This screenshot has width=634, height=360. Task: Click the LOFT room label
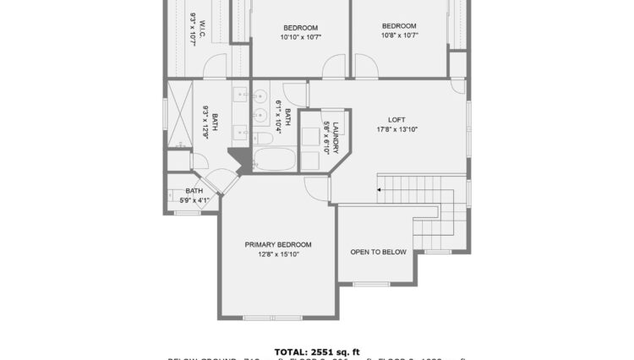point(396,119)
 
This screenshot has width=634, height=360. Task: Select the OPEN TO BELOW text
point(378,252)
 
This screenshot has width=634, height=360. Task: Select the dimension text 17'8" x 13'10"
point(396,129)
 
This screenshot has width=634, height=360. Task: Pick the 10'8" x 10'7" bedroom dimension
point(398,35)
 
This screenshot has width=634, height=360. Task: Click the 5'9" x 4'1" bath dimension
point(194,200)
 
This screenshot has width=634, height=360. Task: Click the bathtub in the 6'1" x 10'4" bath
point(274,160)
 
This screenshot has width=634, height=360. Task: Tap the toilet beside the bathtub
point(262,139)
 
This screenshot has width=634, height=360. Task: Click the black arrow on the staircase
point(380,190)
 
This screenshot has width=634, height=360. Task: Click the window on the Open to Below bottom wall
point(369,284)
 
